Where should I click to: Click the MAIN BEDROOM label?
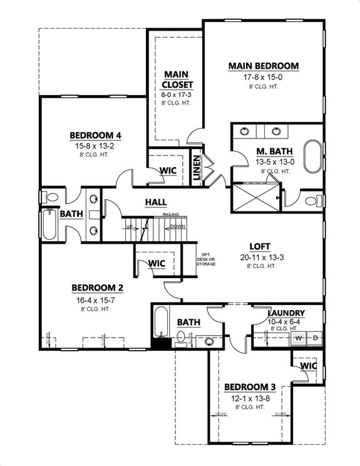[263, 66]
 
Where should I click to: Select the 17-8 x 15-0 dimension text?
[263, 77]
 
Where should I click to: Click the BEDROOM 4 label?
[95, 135]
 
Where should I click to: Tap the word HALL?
[155, 202]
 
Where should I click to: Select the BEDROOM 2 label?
[97, 288]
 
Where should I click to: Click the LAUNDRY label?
[286, 313]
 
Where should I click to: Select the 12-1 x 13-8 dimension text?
[250, 398]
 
